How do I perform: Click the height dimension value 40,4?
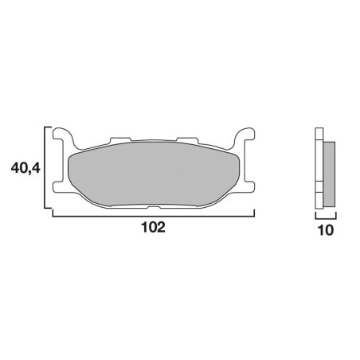25,168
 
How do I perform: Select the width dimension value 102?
154,227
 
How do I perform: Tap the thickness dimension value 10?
326,230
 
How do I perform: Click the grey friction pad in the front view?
154,174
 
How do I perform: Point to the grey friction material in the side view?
329,174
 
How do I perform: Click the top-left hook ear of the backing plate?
64,135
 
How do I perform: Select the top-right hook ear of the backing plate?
244,135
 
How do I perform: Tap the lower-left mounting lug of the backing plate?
60,186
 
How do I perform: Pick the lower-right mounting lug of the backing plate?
248,186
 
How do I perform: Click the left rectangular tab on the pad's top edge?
120,140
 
